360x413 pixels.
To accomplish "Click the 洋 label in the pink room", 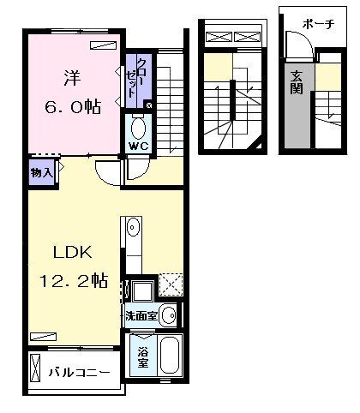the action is point(71,78).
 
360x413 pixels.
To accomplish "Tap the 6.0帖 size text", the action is point(73,108).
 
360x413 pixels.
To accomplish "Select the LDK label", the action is point(73,253).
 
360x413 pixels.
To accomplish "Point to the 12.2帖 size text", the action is point(74,280).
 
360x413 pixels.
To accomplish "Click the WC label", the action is point(139,147).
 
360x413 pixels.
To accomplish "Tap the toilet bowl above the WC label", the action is point(139,128).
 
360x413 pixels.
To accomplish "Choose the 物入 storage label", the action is point(42,172).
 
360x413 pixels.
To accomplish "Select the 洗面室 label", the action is point(141,316).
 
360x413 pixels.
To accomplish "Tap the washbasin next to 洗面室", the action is point(169,315).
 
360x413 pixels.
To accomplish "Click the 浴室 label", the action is point(143,357).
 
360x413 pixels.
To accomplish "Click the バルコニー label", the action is point(79,373).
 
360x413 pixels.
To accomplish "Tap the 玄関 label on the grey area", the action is point(297,82).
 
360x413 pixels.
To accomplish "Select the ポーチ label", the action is point(318,24).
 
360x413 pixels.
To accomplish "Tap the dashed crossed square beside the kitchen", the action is point(171,284).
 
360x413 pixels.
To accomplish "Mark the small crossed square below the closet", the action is point(149,105).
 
